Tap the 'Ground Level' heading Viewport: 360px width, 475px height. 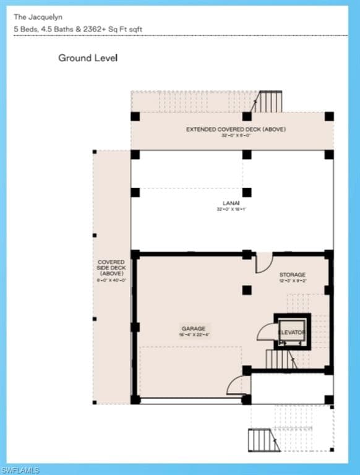[x=88, y=58]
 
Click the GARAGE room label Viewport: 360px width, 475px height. [x=193, y=328]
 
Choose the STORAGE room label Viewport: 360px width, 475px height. [x=292, y=275]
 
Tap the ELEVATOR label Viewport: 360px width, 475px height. [x=292, y=333]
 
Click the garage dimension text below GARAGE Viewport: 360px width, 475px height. [x=193, y=335]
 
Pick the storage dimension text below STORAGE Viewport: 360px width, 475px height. [x=292, y=281]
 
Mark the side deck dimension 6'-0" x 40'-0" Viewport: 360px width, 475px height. [x=111, y=280]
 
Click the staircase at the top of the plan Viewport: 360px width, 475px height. [x=269, y=101]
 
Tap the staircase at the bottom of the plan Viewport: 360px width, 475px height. [x=260, y=440]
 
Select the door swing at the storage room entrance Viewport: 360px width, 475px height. [x=264, y=262]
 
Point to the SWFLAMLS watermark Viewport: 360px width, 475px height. [x=22, y=470]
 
